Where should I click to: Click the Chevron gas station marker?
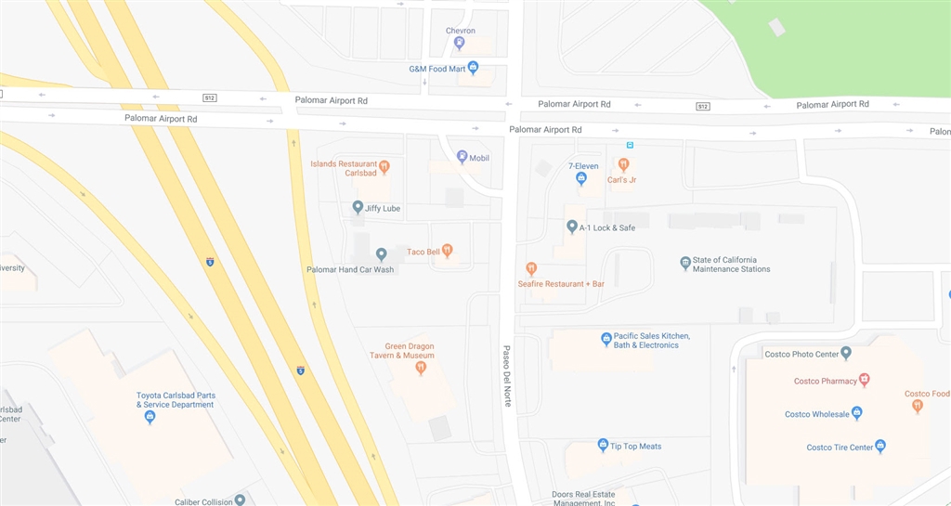pyautogui.click(x=459, y=43)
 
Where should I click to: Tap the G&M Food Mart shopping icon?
pyautogui.click(x=473, y=68)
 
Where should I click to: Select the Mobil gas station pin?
pyautogui.click(x=462, y=157)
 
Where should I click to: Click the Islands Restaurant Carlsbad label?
pyautogui.click(x=344, y=168)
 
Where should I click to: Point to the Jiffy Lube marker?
pyautogui.click(x=358, y=207)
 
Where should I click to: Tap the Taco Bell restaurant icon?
pyautogui.click(x=448, y=250)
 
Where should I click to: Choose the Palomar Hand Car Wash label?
pyautogui.click(x=350, y=269)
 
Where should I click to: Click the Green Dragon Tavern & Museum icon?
pyautogui.click(x=421, y=368)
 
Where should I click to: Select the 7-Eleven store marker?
pyautogui.click(x=581, y=178)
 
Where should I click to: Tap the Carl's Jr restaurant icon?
pyautogui.click(x=623, y=165)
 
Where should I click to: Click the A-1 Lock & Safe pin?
pyautogui.click(x=572, y=227)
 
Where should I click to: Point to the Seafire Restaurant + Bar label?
pyautogui.click(x=561, y=283)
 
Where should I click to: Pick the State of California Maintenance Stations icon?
pyautogui.click(x=685, y=264)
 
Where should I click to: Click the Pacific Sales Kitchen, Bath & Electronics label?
pyautogui.click(x=651, y=340)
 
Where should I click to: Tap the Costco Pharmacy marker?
pyautogui.click(x=864, y=380)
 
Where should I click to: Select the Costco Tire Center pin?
pyautogui.click(x=880, y=447)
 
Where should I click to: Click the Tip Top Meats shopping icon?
pyautogui.click(x=603, y=446)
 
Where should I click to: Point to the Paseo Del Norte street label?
pyautogui.click(x=507, y=376)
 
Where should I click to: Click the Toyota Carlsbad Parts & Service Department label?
pyautogui.click(x=175, y=399)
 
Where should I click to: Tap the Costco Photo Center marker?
pyautogui.click(x=846, y=353)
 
